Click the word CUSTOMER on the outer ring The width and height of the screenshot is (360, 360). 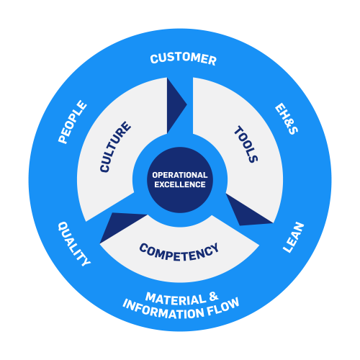(183, 59)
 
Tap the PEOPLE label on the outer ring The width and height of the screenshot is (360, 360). (72, 122)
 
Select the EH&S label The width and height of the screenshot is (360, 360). (287, 119)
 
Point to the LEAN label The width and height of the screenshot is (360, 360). (293, 237)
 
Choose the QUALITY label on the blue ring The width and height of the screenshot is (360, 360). (74, 243)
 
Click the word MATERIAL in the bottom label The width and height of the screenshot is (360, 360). (176, 300)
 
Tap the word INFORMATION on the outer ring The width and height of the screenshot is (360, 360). (163, 310)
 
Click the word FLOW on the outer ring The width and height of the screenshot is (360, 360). (223, 307)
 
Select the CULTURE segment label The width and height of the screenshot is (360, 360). (115, 147)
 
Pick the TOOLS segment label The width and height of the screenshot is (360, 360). (246, 144)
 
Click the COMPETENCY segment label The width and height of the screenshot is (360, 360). (179, 252)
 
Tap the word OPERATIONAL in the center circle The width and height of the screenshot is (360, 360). (180, 175)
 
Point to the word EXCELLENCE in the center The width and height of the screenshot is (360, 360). (180, 184)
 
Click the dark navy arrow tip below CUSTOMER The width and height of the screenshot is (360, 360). (186, 104)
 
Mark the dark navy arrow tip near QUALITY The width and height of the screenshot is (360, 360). (100, 243)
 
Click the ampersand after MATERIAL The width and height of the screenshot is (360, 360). (213, 297)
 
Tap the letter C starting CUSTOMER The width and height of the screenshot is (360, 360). (154, 59)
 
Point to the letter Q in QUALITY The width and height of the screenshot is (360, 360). (63, 226)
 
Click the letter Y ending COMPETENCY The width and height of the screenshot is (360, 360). (215, 248)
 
